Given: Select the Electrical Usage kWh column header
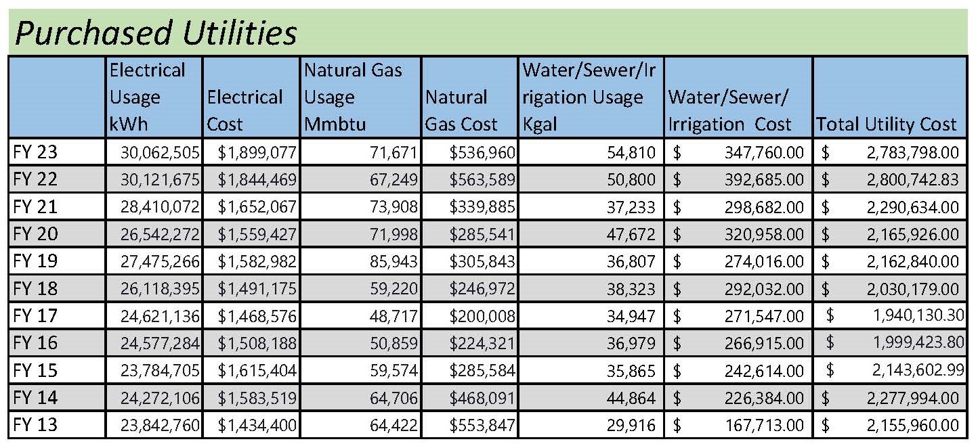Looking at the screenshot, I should pos(147,97).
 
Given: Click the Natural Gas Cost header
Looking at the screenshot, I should pos(461,111).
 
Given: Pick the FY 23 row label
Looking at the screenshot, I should pos(35,152).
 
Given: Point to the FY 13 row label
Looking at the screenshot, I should pos(35,425).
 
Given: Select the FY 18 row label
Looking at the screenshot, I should pos(35,289).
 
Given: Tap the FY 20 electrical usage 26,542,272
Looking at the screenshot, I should pos(156,234).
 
